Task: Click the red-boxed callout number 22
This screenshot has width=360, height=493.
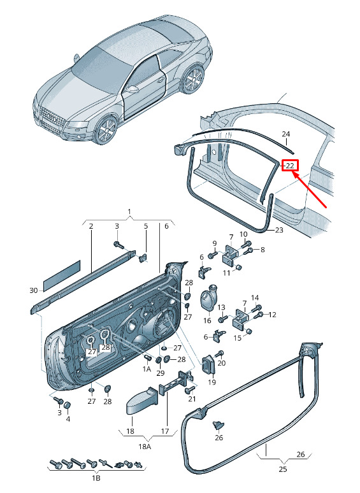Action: [289, 166]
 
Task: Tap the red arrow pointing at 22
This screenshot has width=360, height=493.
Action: [310, 190]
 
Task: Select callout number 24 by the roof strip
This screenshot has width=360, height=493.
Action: [285, 134]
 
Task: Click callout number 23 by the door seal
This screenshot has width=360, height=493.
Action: [279, 230]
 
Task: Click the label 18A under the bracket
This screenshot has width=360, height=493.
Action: [144, 447]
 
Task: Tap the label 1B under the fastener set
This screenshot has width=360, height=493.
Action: [96, 478]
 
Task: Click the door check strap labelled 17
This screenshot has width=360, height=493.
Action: [176, 381]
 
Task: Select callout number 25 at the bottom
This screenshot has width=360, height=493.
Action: [283, 469]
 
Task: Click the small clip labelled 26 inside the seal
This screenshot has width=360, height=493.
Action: [219, 425]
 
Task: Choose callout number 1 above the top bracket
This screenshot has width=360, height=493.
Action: [129, 211]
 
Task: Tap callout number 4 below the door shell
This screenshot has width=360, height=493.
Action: [68, 418]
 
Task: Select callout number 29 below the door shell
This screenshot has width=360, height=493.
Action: [160, 373]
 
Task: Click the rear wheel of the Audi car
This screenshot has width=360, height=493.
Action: [193, 78]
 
